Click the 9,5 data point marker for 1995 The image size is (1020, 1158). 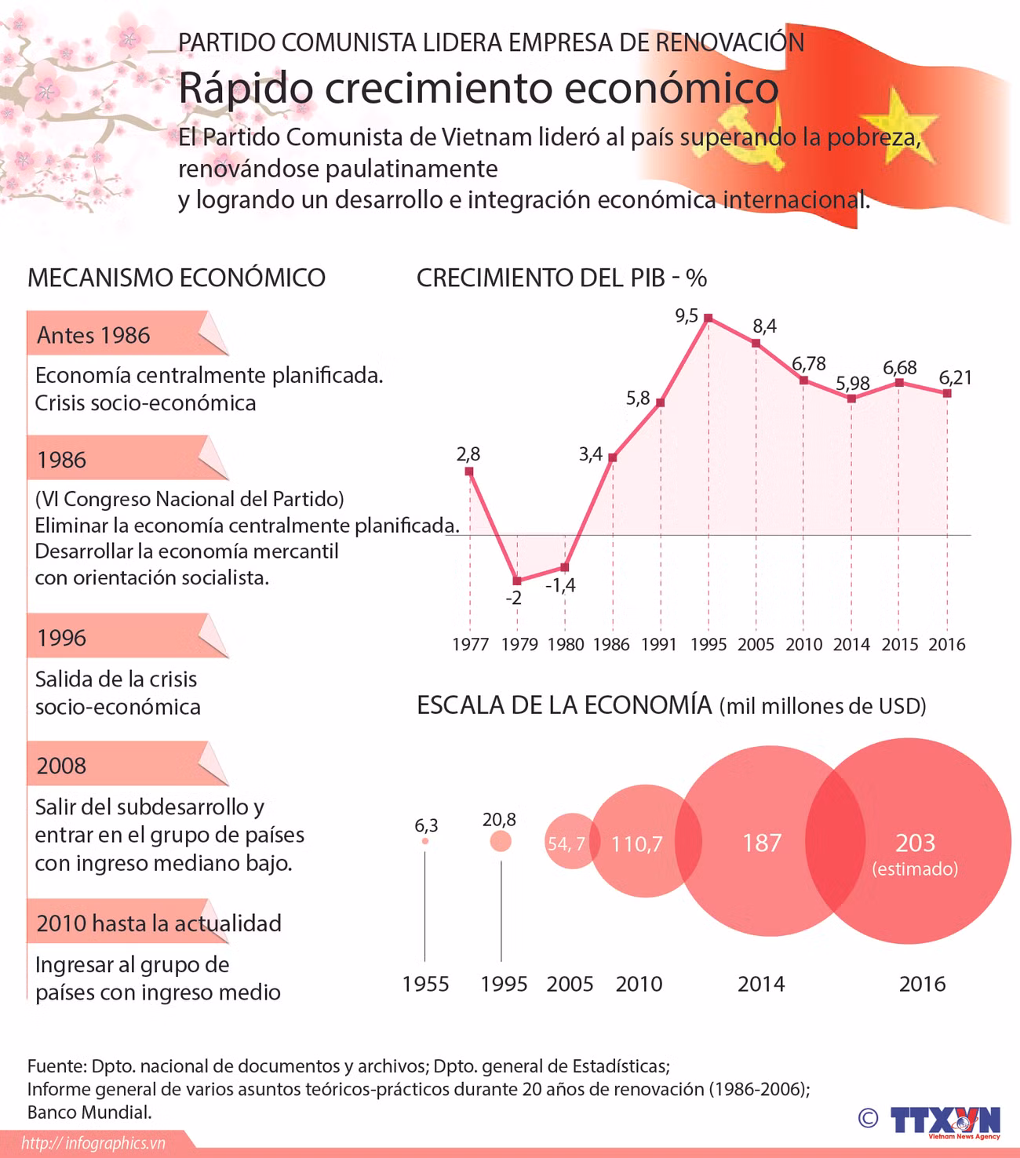point(708,318)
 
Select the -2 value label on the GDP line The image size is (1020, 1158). point(513,598)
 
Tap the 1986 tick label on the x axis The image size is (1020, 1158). point(611,644)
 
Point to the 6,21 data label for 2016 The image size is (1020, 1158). point(955,377)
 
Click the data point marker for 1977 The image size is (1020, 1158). point(469,471)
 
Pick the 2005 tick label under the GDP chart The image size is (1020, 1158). point(756,644)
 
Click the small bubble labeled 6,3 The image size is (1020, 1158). point(425,841)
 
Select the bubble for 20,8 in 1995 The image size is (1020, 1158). point(501,841)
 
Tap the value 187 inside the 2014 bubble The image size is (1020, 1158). point(762,843)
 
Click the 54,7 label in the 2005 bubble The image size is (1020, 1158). point(566,843)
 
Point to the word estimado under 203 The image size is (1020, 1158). point(915,868)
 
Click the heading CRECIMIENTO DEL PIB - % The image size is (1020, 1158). point(561,278)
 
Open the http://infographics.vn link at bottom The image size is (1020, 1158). point(93,1143)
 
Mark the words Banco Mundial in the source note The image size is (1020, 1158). point(89,1112)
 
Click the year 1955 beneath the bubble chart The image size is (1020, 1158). point(425,984)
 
